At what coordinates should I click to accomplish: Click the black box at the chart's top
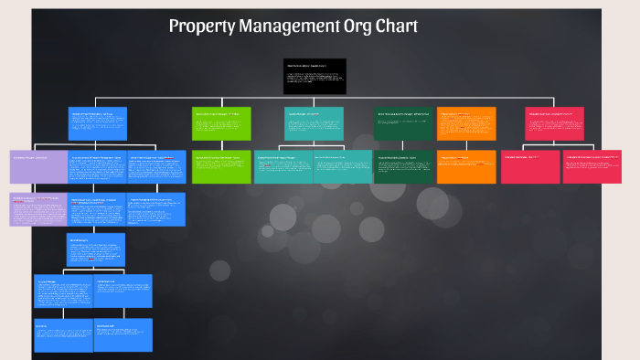(x=315, y=77)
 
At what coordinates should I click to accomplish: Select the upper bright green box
(x=221, y=124)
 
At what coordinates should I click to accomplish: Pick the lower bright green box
(x=221, y=166)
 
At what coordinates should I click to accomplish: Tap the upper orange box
(x=466, y=124)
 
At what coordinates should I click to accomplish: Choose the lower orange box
(x=466, y=166)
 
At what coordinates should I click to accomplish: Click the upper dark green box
(x=403, y=124)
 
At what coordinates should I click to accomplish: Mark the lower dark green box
(x=403, y=166)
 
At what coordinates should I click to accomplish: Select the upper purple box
(x=38, y=166)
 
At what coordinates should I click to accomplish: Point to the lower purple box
(x=38, y=209)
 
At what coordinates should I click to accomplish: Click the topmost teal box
(x=315, y=124)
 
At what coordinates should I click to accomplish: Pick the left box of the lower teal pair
(x=283, y=166)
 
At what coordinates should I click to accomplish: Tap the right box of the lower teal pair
(x=342, y=166)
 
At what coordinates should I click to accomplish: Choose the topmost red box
(x=555, y=124)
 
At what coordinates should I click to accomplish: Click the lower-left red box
(x=530, y=166)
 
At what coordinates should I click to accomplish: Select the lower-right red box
(x=592, y=166)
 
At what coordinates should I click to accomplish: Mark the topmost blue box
(x=98, y=124)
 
